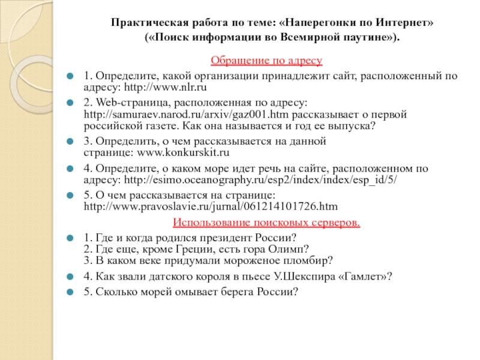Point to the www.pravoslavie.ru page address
[211, 206]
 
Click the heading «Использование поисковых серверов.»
[266, 223]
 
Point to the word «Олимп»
[290, 248]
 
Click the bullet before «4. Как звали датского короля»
[70, 277]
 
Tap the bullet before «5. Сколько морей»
[70, 292]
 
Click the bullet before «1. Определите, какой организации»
[70, 76]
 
